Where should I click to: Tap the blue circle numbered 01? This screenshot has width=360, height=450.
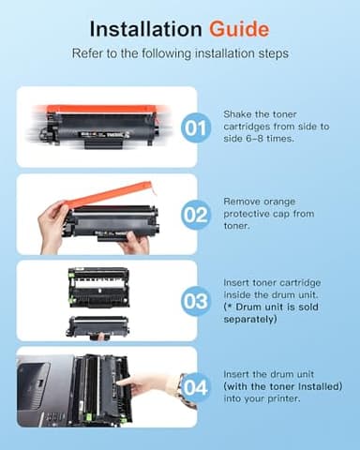point(197,127)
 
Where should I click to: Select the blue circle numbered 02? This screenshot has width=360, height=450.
point(197,215)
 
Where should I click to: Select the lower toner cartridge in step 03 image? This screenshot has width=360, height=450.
point(98,325)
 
